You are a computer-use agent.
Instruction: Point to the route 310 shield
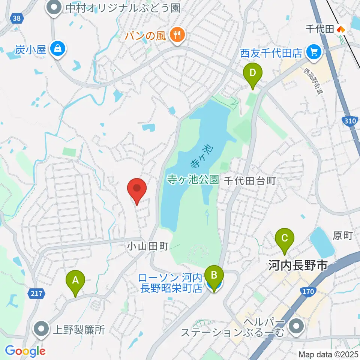(x=349, y=121)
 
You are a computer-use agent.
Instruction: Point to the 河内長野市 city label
(x=298, y=266)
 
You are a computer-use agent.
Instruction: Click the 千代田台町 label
(x=250, y=181)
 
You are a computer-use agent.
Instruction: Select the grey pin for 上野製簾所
(x=41, y=329)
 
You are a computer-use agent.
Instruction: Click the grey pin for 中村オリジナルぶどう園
(x=54, y=7)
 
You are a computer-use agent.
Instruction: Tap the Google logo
(x=25, y=351)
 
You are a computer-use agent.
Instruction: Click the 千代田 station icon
(x=341, y=29)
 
